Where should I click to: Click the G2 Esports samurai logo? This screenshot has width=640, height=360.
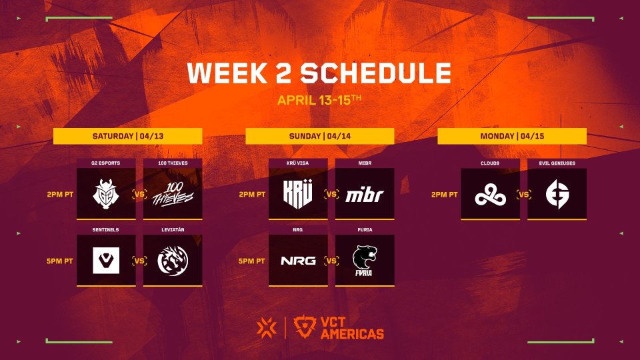[106, 194]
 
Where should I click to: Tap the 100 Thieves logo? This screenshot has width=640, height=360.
[173, 194]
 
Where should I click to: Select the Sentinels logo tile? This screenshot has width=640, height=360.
[106, 260]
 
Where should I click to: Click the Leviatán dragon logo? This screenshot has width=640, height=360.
[173, 261]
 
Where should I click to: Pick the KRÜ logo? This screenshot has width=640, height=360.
[298, 194]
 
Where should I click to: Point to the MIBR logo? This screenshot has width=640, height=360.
[365, 195]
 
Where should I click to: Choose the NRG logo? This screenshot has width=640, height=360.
[298, 261]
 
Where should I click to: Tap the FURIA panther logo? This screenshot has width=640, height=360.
[365, 261]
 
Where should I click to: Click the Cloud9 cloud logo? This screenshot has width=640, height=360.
[490, 195]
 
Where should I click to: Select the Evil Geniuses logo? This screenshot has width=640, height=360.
[557, 195]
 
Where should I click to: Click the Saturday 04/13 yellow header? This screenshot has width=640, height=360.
[128, 136]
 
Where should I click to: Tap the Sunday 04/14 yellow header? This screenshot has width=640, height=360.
[319, 136]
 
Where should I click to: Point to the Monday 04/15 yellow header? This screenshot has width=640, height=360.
[512, 136]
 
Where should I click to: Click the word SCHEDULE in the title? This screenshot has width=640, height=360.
[376, 73]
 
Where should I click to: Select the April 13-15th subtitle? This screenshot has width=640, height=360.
[319, 100]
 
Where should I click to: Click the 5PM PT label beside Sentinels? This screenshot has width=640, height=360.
[59, 261]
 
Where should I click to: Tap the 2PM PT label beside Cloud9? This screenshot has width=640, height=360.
[444, 195]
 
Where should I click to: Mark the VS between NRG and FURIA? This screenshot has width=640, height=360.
[331, 261]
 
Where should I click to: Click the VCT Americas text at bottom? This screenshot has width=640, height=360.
[352, 328]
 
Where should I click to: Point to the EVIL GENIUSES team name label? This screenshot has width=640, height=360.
[557, 163]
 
